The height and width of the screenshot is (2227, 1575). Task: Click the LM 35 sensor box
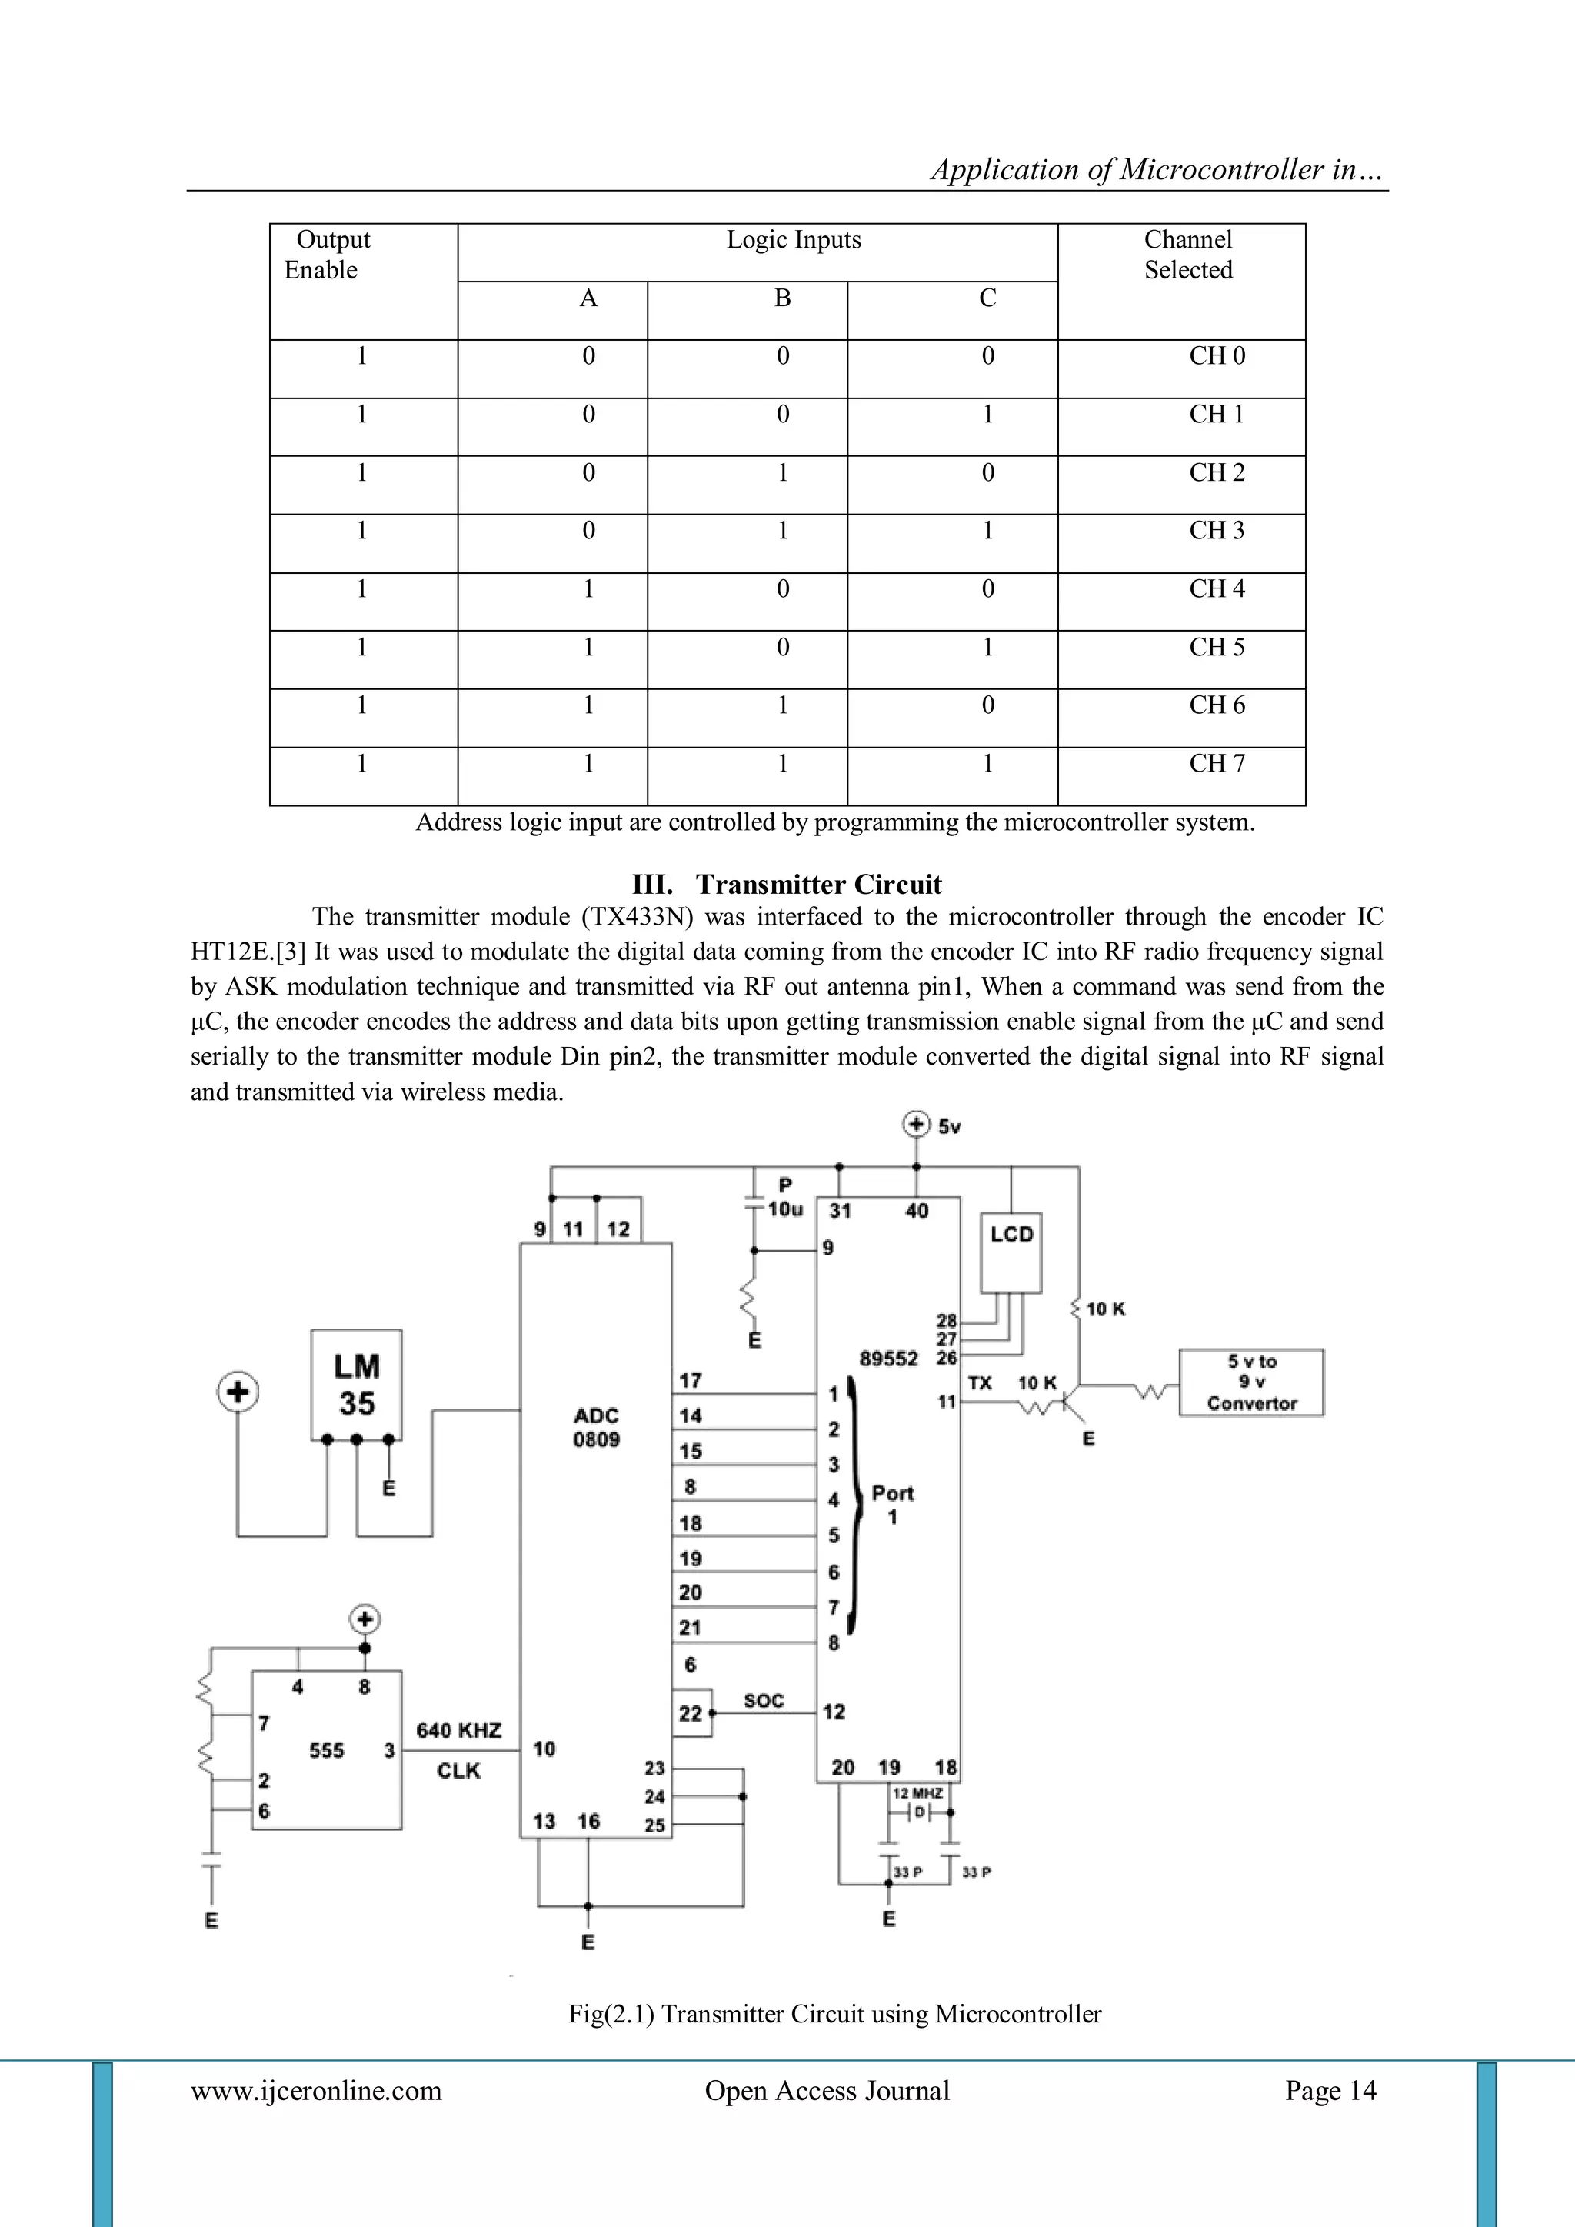[356, 1384]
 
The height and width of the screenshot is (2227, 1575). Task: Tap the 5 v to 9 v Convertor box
[1251, 1382]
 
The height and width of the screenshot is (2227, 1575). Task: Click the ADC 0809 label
[595, 1427]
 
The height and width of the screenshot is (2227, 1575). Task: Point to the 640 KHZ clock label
[458, 1730]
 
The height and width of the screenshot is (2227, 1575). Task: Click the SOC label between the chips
[763, 1700]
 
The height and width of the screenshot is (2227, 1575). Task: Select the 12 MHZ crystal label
[917, 1793]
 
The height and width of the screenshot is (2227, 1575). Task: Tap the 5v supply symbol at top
[915, 1125]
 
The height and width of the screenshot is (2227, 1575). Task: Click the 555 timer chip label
[326, 1751]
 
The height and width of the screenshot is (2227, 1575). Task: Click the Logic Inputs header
[794, 239]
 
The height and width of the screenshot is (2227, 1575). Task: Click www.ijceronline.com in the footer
[315, 2090]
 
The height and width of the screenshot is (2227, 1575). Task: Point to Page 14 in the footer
[1330, 2090]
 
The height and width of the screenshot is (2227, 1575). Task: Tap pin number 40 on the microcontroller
[917, 1211]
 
